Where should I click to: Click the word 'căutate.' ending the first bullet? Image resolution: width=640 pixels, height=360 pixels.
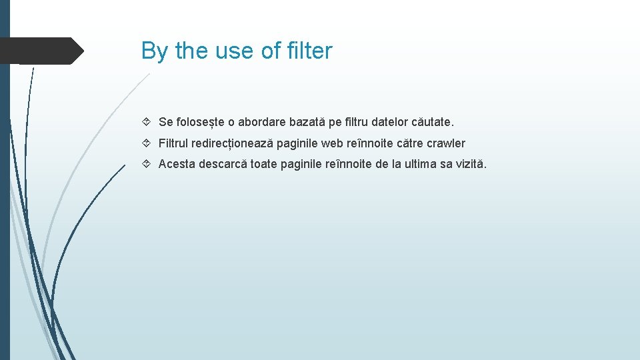[431, 122]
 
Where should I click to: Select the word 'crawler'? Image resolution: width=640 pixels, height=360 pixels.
[446, 143]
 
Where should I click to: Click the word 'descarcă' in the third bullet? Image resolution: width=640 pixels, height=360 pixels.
[225, 164]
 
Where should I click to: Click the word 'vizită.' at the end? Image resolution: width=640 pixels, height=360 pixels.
[471, 164]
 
